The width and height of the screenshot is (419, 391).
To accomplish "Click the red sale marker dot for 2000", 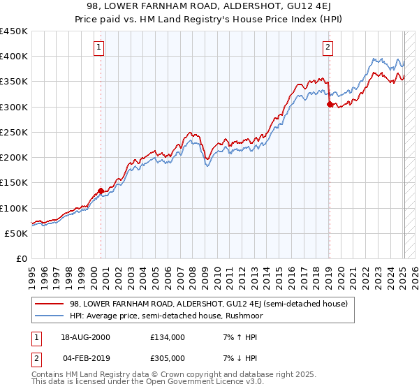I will [101, 190].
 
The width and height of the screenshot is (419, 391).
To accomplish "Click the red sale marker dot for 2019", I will [329, 104].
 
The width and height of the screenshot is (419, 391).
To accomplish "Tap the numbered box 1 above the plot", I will [99, 47].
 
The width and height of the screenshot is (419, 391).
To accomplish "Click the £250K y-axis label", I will [14, 132].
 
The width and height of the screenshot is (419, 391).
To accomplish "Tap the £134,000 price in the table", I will [168, 337].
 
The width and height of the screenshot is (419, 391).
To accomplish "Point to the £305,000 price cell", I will [168, 358].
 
